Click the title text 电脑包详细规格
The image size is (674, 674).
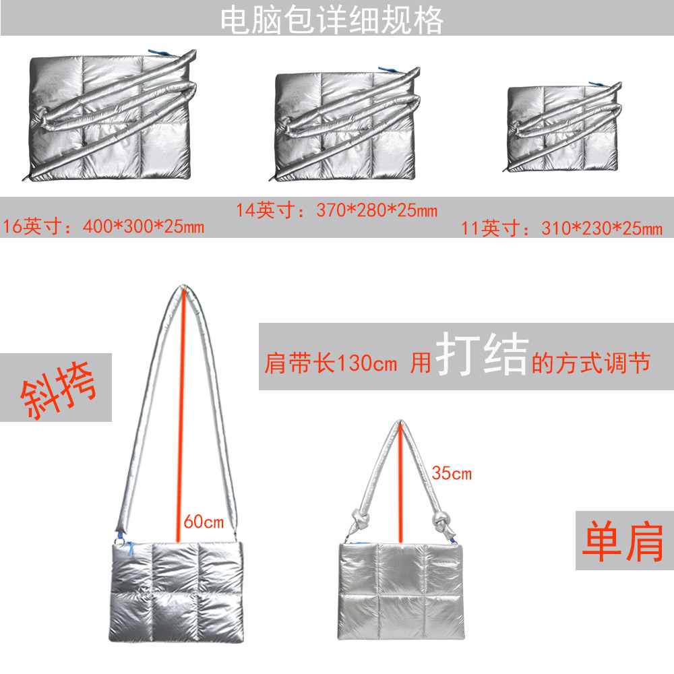pos(332,21)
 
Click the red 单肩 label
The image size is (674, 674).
pos(623,541)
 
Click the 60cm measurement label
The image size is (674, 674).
pos(203,522)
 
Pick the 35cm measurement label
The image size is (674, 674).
pos(452,474)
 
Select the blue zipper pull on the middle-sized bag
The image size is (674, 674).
pos(388,70)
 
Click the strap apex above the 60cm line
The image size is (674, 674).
pos(183,290)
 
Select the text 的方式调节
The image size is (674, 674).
pos(590,365)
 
